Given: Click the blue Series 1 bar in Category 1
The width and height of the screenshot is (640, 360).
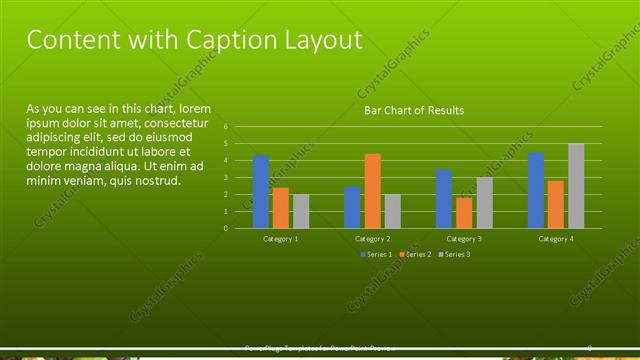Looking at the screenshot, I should [x=261, y=192].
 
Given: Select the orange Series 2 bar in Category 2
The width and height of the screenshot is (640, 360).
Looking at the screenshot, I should [x=372, y=191].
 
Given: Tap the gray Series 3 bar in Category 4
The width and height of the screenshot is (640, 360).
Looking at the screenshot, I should [x=576, y=186].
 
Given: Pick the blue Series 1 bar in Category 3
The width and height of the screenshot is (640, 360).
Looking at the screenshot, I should [x=444, y=199].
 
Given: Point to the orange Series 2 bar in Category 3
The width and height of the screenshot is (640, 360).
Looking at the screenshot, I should [x=464, y=213].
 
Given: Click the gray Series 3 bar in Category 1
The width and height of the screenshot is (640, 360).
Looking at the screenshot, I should [x=301, y=211].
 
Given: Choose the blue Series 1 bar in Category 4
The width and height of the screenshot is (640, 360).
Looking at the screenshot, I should [x=536, y=190].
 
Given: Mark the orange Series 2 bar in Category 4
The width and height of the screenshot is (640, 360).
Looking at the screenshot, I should [x=556, y=204].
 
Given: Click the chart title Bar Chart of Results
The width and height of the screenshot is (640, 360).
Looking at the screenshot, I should [x=413, y=110].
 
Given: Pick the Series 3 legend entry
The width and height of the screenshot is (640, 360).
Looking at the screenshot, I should [x=455, y=255].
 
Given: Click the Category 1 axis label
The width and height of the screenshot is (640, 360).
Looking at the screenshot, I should [x=281, y=239].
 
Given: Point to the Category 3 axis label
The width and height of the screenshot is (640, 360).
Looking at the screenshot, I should [x=464, y=239].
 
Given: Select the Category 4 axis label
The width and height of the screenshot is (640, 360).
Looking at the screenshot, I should [x=556, y=239].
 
